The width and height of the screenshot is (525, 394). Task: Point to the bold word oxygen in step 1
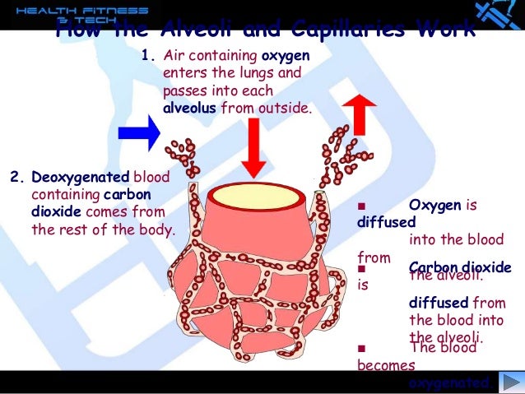coord(285,57)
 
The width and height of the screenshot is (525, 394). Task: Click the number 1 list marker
coord(148,57)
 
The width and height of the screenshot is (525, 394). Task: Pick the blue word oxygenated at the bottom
coord(451,382)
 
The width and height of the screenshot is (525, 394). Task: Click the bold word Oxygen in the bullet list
coord(435,205)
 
